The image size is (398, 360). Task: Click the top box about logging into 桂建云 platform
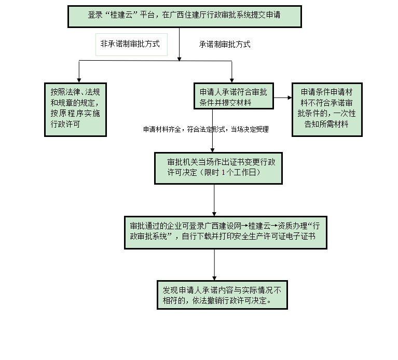(x=184, y=16)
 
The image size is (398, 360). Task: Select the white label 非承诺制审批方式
(x=130, y=44)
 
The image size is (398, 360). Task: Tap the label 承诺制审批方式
(x=225, y=45)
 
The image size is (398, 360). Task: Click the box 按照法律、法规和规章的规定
(x=75, y=108)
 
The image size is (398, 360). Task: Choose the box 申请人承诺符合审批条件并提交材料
(x=234, y=96)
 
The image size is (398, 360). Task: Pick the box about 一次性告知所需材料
(x=327, y=108)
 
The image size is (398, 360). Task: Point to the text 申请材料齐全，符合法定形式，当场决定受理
(x=206, y=130)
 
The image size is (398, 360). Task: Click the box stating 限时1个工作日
(x=218, y=168)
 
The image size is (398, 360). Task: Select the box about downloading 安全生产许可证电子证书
(x=225, y=231)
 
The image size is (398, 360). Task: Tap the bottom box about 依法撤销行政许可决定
(x=222, y=295)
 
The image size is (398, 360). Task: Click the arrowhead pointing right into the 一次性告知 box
(x=289, y=97)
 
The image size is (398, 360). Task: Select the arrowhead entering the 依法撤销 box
(x=214, y=278)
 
